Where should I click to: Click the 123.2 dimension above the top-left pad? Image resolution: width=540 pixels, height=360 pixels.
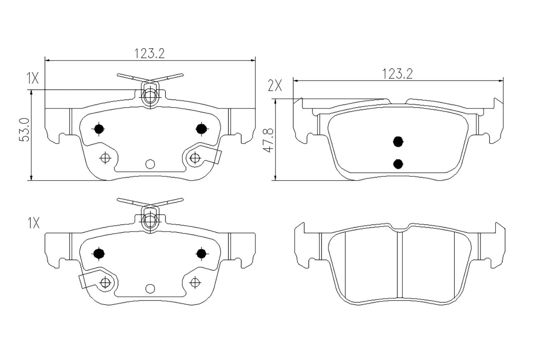pyautogui.click(x=149, y=53)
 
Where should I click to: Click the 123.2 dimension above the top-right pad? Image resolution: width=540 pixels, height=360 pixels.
pyautogui.click(x=397, y=74)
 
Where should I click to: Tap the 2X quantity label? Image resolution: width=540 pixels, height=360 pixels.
pyautogui.click(x=275, y=86)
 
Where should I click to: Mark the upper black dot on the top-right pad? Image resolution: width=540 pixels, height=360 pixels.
pyautogui.click(x=398, y=141)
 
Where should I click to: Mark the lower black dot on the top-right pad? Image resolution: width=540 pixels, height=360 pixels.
pyautogui.click(x=398, y=163)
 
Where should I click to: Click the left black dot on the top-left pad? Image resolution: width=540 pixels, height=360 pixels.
pyautogui.click(x=99, y=129)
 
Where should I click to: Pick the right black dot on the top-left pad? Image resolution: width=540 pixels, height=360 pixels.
pyautogui.click(x=201, y=129)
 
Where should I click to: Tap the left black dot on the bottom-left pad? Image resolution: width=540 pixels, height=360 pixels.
pyautogui.click(x=99, y=253)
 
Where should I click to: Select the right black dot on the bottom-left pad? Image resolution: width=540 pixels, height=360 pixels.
pyautogui.click(x=201, y=253)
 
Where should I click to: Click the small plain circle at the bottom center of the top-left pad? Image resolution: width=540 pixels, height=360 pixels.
pyautogui.click(x=150, y=164)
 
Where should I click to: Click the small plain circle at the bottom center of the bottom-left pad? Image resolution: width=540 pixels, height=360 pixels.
pyautogui.click(x=150, y=288)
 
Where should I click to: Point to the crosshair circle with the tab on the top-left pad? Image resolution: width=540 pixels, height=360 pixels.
pyautogui.click(x=194, y=158)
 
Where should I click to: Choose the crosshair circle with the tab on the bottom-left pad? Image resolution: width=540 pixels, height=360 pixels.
pyautogui.click(x=105, y=283)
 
